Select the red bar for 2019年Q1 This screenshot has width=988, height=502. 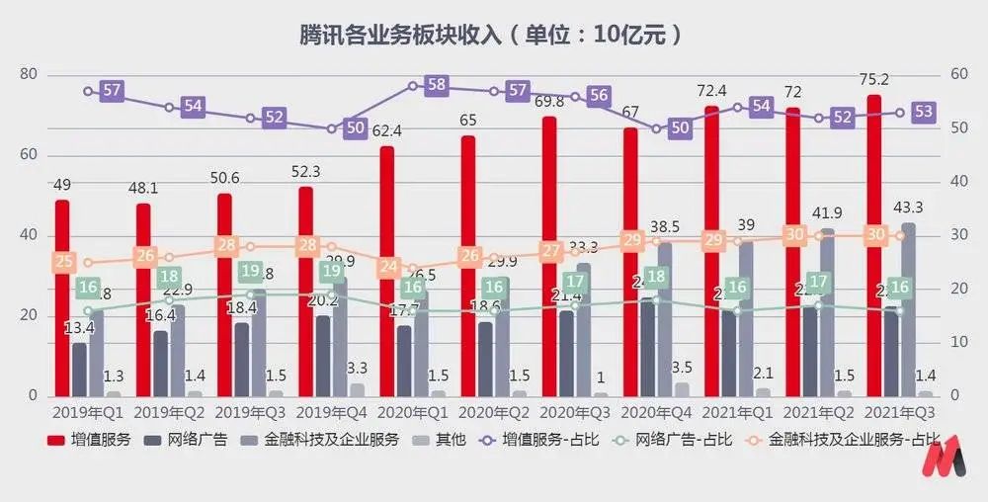pyautogui.click(x=62, y=296)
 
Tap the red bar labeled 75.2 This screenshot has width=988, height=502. pyautogui.click(x=874, y=247)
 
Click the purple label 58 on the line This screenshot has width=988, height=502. pyautogui.click(x=437, y=85)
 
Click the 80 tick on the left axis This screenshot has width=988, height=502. pyautogui.click(x=29, y=75)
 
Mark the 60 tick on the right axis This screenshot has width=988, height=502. pyautogui.click(x=957, y=75)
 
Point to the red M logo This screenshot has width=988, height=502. pyautogui.click(x=950, y=461)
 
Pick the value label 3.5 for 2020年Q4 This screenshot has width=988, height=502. pyautogui.click(x=682, y=368)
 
